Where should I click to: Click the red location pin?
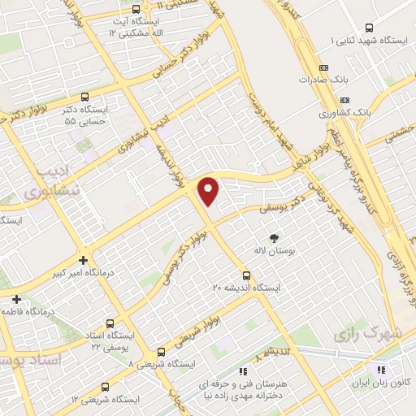(209, 191)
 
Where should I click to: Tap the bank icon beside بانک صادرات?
(324, 67)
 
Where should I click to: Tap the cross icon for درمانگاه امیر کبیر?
(83, 260)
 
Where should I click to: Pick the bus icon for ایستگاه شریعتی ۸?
(161, 353)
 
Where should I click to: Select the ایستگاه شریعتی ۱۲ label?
(105, 400)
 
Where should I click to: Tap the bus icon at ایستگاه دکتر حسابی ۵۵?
(85, 97)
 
